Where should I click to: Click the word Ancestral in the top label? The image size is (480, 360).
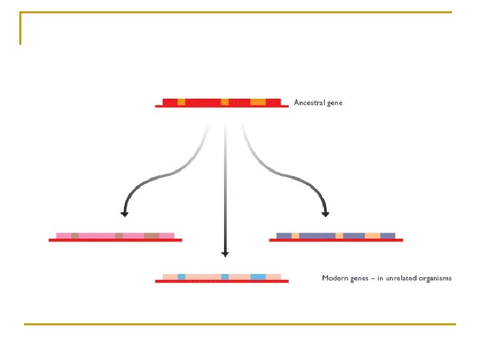pyautogui.click(x=309, y=103)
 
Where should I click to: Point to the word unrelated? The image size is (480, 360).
pyautogui.click(x=398, y=277)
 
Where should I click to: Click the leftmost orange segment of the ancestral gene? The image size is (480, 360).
pyautogui.click(x=181, y=102)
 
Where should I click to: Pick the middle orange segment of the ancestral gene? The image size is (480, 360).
pyautogui.click(x=225, y=102)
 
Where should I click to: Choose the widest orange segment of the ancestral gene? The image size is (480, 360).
pyautogui.click(x=258, y=102)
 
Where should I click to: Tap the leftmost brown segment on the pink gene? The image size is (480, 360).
pyautogui.click(x=75, y=235)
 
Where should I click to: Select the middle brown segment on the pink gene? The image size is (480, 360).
pyautogui.click(x=119, y=235)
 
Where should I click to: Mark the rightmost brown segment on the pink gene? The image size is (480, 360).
pyautogui.click(x=151, y=235)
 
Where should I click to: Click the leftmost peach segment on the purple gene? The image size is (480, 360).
pyautogui.click(x=295, y=235)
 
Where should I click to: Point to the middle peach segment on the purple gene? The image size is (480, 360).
pyautogui.click(x=339, y=235)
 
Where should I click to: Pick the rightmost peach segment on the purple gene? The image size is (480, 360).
pyautogui.click(x=373, y=235)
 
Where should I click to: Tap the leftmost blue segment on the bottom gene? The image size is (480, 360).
pyautogui.click(x=181, y=276)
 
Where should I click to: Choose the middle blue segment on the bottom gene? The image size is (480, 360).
pyautogui.click(x=225, y=276)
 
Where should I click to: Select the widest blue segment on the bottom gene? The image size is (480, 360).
pyautogui.click(x=258, y=276)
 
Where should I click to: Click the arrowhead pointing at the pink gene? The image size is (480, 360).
pyautogui.click(x=124, y=213)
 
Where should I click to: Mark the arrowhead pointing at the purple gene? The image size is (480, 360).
pyautogui.click(x=326, y=213)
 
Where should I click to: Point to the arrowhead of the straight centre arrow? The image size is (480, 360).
pyautogui.click(x=225, y=253)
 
